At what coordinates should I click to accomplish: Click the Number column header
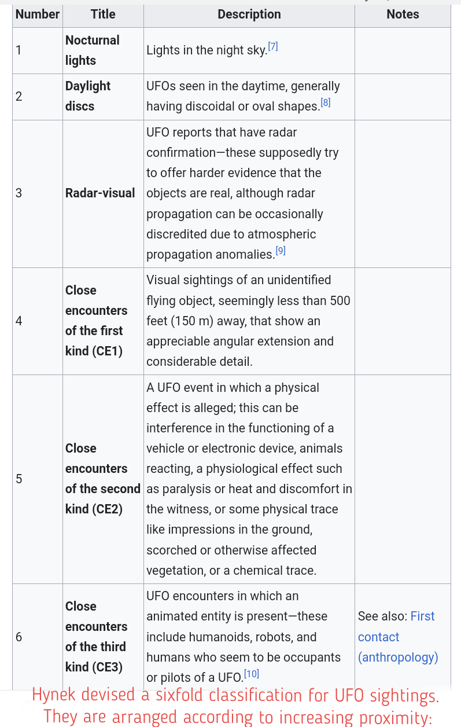[x=38, y=14]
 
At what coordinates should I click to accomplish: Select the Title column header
[x=103, y=14]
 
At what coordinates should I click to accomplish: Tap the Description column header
[x=249, y=14]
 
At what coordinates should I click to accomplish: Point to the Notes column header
[x=403, y=14]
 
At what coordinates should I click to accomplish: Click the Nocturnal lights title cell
[x=93, y=50]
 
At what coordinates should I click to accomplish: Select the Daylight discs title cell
[x=88, y=96]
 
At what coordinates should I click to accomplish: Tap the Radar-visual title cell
[x=100, y=193]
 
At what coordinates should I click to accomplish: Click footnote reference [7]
[x=273, y=46]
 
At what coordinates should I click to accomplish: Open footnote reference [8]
[x=326, y=102]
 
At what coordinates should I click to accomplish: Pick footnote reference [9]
[x=281, y=251]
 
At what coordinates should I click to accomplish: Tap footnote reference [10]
[x=252, y=674]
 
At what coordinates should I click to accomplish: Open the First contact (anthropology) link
[x=398, y=637]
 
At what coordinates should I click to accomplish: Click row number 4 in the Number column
[x=19, y=321]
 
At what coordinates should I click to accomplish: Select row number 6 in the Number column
[x=19, y=637]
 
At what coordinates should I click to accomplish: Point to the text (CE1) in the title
[x=108, y=351]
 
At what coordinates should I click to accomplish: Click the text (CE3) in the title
[x=108, y=667]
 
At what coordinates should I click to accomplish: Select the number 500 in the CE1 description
[x=340, y=301]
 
